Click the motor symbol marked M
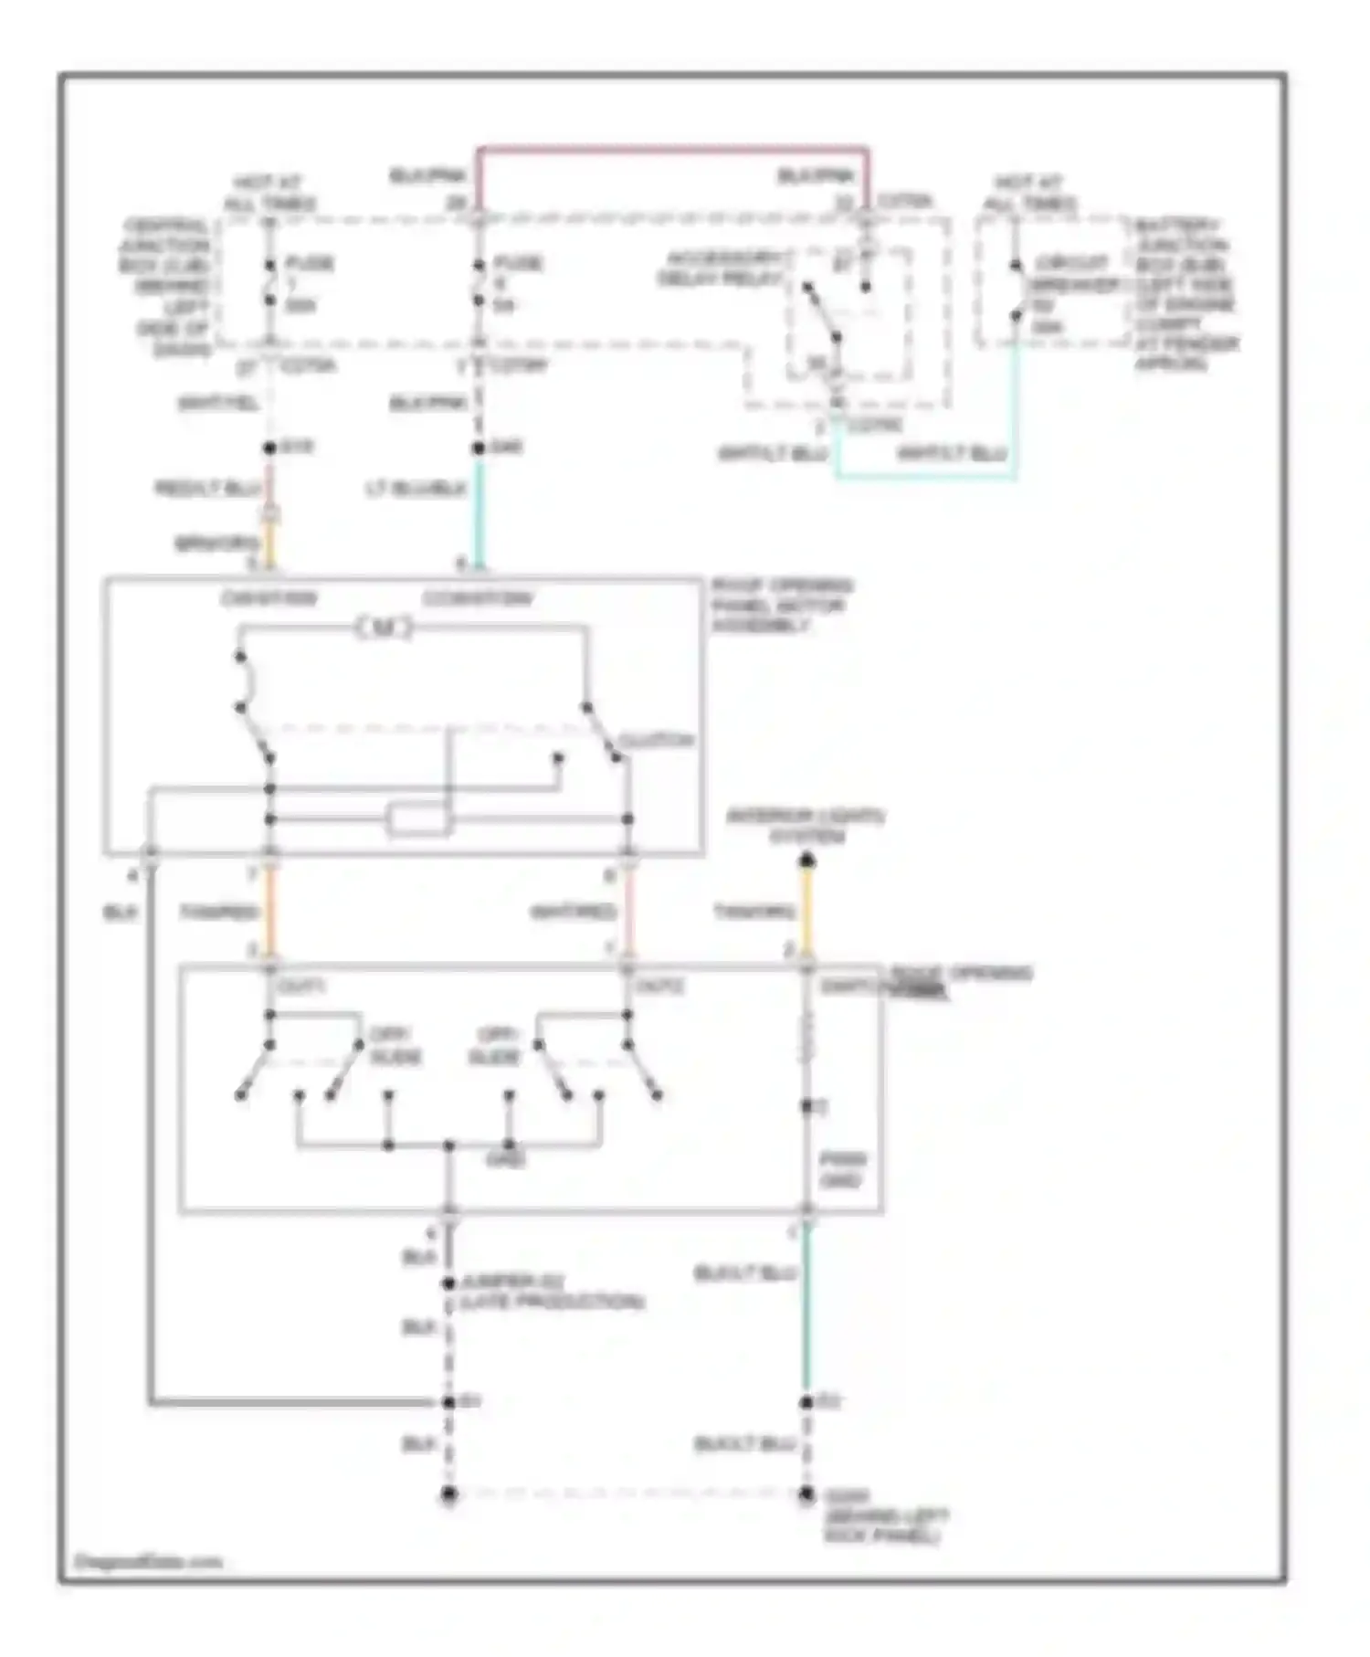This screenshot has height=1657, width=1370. coord(384,628)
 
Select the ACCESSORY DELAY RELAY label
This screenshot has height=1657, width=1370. coord(722,269)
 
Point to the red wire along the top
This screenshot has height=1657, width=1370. coord(671,148)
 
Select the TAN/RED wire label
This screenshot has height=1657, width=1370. coord(217,912)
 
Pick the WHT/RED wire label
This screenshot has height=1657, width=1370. coord(574,912)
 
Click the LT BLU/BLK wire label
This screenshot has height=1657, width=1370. coord(415,491)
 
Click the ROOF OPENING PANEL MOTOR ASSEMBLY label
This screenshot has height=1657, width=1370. coord(781,606)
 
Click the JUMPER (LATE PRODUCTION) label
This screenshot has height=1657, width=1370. coord(552,1293)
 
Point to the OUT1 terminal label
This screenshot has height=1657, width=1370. coord(301,987)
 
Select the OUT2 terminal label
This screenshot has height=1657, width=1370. coord(659,987)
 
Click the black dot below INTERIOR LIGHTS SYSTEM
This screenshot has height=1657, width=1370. coord(806,860)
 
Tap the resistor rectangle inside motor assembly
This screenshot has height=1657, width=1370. coord(419,819)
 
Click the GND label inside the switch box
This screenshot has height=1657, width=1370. coord(505,1160)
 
